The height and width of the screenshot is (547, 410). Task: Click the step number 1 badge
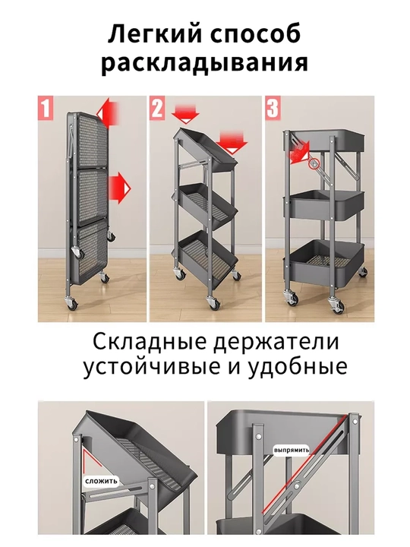coord(46,108)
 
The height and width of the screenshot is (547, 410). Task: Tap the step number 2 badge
coord(157,108)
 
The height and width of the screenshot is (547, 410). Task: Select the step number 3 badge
coord(273,108)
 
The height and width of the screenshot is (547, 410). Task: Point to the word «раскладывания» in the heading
coord(205,64)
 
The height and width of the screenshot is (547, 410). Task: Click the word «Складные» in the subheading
coord(150,341)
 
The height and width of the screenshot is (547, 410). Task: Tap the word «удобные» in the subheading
coord(298,367)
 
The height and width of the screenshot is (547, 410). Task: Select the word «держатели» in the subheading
coord(276,342)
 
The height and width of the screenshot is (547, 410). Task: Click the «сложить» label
coord(101,482)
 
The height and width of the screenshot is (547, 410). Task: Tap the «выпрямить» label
coord(292,450)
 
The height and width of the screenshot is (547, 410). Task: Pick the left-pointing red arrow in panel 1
coord(108,113)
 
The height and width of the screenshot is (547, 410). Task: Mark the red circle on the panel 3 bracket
coord(314,163)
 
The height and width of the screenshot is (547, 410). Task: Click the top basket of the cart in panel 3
coord(325,141)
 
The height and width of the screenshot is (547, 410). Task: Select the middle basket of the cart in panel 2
coord(208,205)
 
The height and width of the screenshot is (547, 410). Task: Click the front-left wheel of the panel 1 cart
coord(73,302)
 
